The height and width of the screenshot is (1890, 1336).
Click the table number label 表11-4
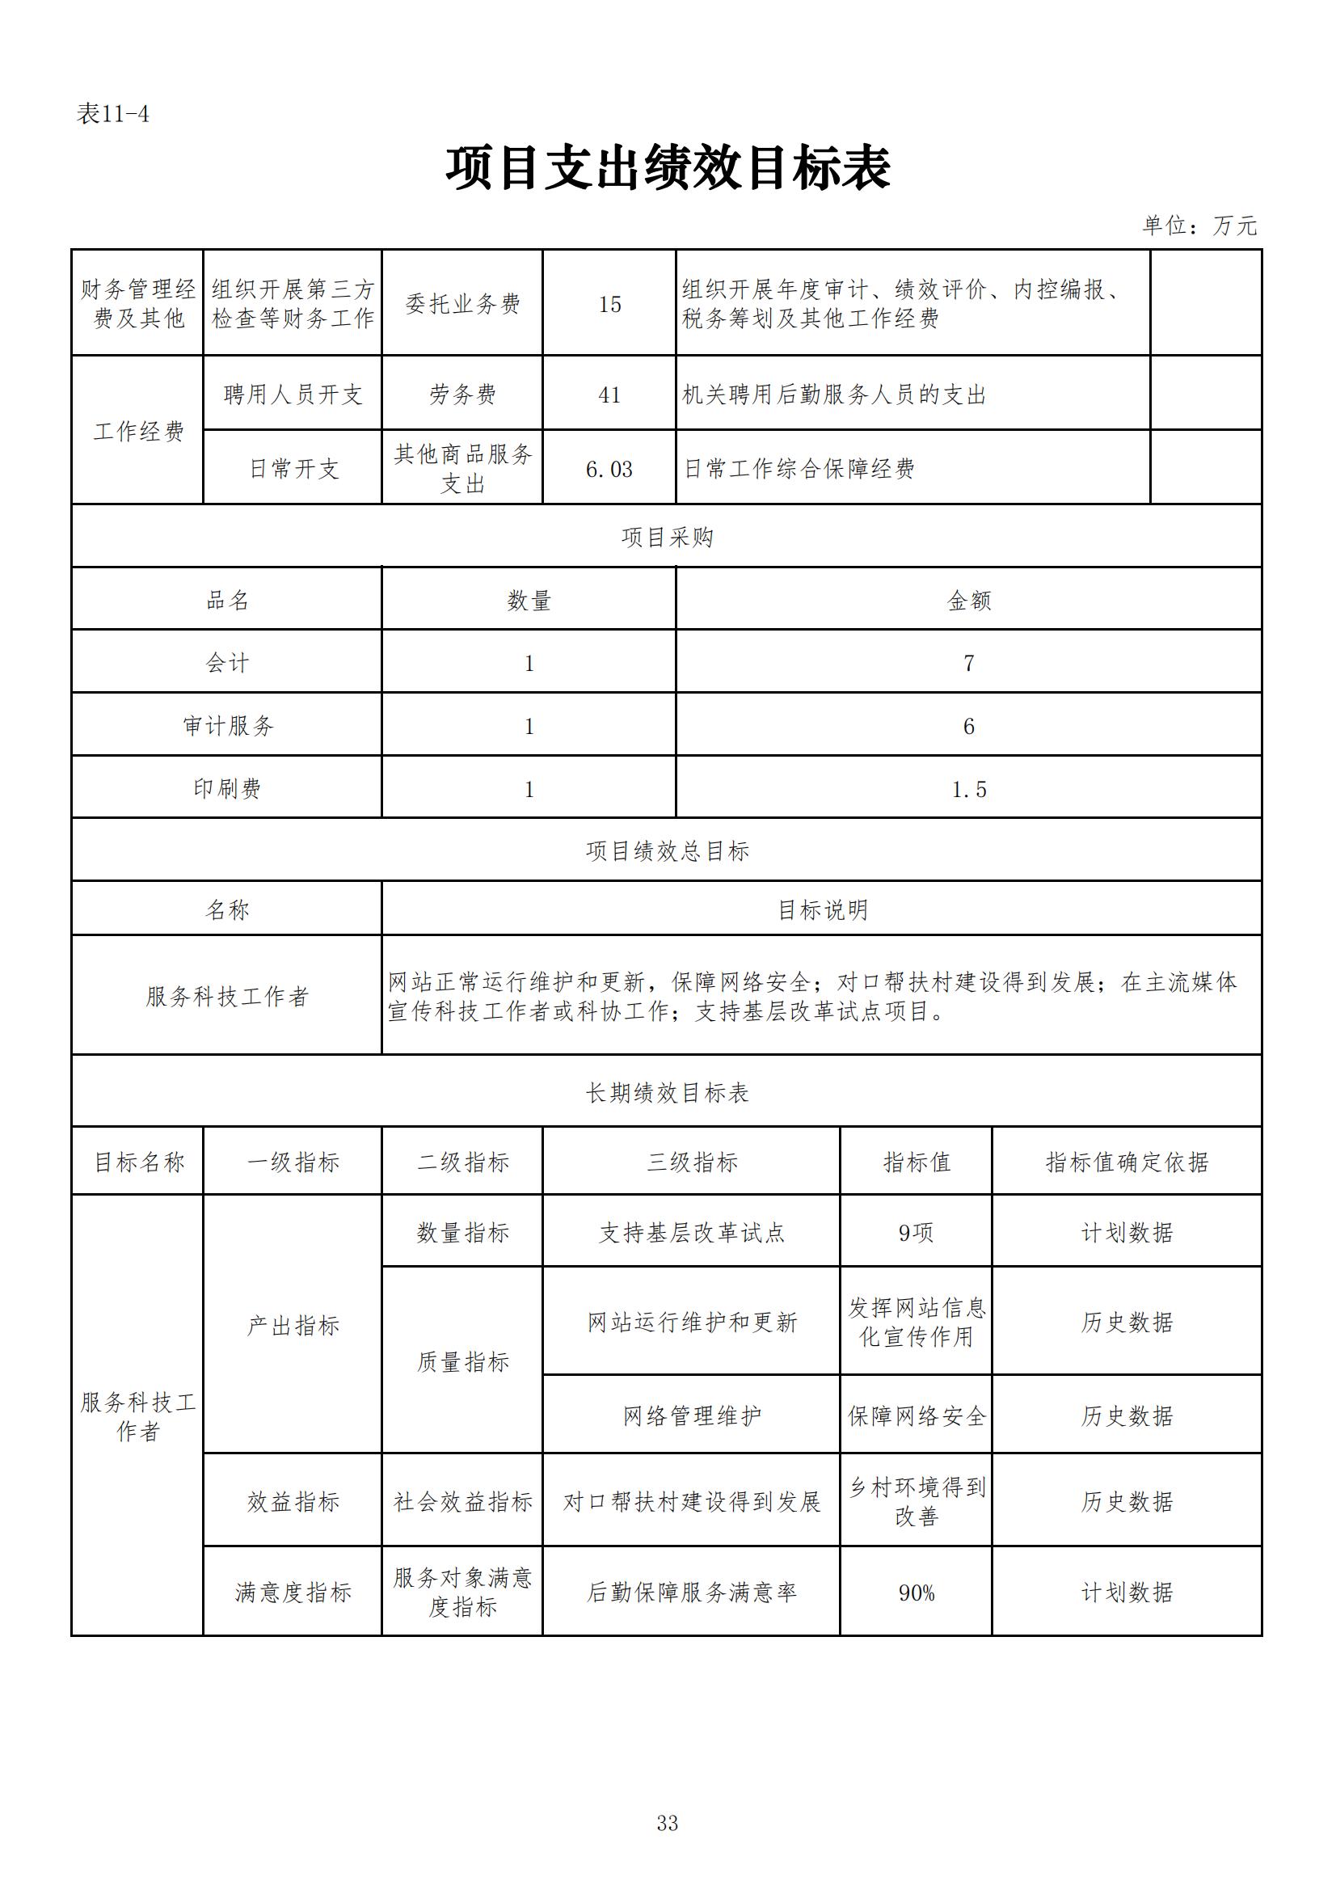coord(113,114)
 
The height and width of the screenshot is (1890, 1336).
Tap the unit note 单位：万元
coord(1199,226)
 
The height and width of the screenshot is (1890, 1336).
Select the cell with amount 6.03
coord(609,469)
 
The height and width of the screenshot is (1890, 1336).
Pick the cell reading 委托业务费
coord(462,304)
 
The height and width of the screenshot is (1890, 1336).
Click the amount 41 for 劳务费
coord(609,395)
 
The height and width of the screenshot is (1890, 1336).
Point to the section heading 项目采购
coord(667,538)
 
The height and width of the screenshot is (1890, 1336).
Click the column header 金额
coord(969,601)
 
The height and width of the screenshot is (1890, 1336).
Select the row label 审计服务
coord(227,726)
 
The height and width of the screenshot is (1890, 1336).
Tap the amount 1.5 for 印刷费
coord(969,790)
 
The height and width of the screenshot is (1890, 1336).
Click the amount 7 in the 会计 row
coord(969,664)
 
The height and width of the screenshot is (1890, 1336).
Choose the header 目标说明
coord(822,909)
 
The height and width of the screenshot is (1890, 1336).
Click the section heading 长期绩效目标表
coord(667,1093)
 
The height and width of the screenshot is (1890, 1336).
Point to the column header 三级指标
coord(692,1162)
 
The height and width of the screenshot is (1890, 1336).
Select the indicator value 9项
coord(917,1232)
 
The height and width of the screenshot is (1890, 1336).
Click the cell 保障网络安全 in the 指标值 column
coord(917,1415)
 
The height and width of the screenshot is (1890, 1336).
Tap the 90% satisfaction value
coord(917,1593)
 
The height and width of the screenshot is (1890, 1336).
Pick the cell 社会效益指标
coord(462,1502)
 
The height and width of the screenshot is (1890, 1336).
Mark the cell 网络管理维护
coord(692,1415)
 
